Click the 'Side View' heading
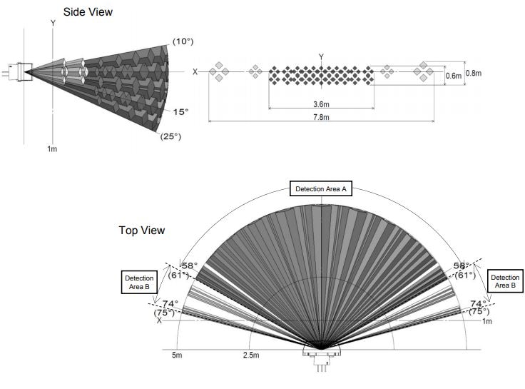click(x=88, y=11)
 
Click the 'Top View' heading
click(x=141, y=231)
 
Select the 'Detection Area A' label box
click(x=320, y=189)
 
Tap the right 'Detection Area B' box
click(x=505, y=281)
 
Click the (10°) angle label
click(x=183, y=41)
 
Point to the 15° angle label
click(x=180, y=112)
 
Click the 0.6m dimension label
click(x=453, y=76)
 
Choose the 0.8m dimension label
click(x=473, y=73)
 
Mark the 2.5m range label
click(x=250, y=355)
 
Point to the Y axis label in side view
click(x=53, y=23)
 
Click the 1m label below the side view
click(x=52, y=149)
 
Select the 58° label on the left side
click(x=189, y=266)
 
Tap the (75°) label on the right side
click(x=480, y=312)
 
